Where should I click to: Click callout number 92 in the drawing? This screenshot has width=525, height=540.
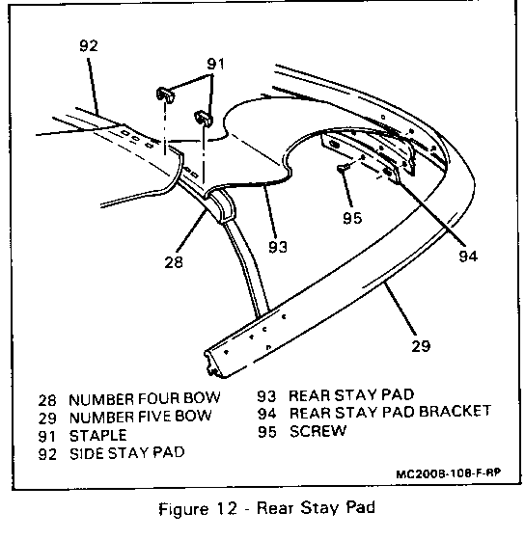(x=89, y=45)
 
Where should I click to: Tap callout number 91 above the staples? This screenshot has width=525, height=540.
(x=215, y=64)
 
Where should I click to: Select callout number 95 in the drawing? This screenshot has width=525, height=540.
(x=352, y=218)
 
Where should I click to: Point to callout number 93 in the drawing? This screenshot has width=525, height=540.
(x=278, y=247)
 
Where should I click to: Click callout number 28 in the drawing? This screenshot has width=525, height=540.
(x=174, y=262)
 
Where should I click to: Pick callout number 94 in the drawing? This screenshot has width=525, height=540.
(x=468, y=256)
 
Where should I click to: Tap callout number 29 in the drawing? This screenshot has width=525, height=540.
(x=421, y=346)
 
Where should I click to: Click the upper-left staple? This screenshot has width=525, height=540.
(x=165, y=94)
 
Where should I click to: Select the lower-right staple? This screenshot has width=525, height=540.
(x=204, y=119)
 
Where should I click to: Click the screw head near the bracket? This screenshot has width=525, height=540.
(x=342, y=168)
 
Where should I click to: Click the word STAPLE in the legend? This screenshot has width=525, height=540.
(x=97, y=436)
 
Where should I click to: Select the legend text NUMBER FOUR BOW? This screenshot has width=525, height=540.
(x=145, y=399)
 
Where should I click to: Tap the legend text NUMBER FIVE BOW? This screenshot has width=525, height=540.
(x=140, y=418)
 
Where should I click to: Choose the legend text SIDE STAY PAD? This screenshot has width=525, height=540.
(x=126, y=453)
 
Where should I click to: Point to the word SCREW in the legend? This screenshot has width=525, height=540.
(x=318, y=431)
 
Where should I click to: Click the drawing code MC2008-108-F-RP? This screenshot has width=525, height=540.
(x=448, y=473)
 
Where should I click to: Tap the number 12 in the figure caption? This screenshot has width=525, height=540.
(x=227, y=509)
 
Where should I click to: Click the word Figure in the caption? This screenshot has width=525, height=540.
(x=183, y=509)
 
